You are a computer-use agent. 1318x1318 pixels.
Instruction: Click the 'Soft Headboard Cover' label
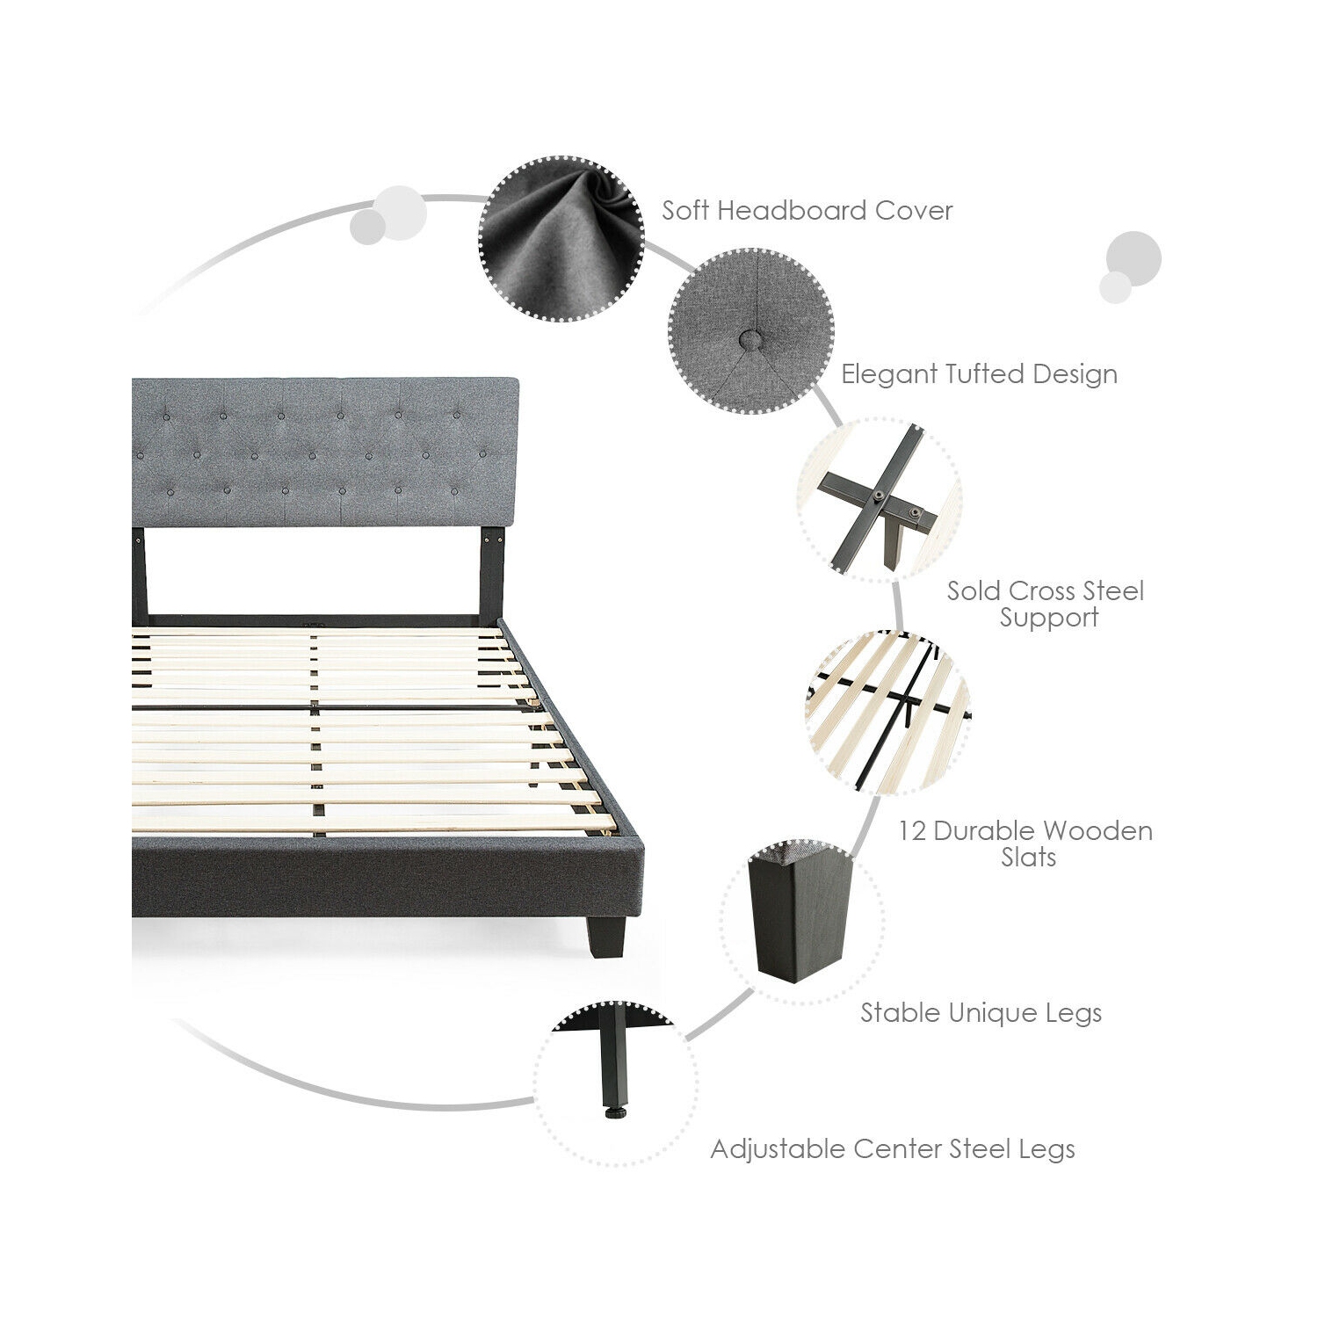pyautogui.click(x=807, y=211)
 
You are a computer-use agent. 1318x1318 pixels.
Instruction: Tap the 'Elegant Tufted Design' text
pyautogui.click(x=979, y=374)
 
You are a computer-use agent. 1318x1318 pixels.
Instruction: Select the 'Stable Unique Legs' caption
pyautogui.click(x=981, y=1013)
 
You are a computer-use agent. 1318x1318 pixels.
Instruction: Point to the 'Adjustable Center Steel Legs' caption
pyautogui.click(x=893, y=1149)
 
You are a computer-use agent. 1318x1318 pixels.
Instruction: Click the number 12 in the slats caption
pyautogui.click(x=911, y=831)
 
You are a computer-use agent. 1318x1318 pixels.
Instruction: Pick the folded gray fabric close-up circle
pyautogui.click(x=561, y=239)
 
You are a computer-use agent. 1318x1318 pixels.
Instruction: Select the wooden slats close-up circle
pyautogui.click(x=887, y=712)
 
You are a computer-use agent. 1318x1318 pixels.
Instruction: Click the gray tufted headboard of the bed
pyautogui.click(x=325, y=452)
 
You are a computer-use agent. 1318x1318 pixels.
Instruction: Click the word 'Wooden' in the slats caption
pyautogui.click(x=1098, y=831)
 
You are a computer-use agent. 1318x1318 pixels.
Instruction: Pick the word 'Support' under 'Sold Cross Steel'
pyautogui.click(x=1049, y=618)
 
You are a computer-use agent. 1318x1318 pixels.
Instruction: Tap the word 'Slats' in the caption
pyautogui.click(x=1029, y=858)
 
